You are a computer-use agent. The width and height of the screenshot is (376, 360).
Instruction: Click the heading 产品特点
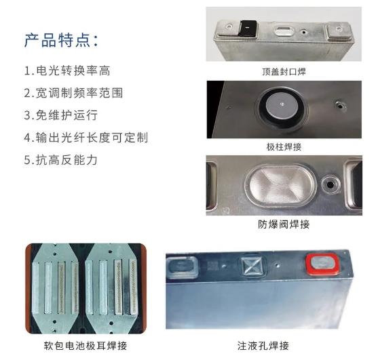[61, 40]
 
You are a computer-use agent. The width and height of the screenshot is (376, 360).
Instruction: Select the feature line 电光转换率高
[67, 71]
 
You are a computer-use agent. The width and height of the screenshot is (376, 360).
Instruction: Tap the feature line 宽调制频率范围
[73, 93]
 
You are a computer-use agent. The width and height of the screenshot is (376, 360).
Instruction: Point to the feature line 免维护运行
[61, 115]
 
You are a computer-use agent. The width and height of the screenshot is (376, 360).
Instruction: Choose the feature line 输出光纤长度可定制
[86, 138]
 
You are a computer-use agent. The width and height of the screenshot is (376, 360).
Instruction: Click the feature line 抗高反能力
[61, 160]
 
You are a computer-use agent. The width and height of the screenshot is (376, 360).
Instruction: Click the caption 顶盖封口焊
[284, 72]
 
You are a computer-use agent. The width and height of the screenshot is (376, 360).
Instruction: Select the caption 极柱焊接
[284, 147]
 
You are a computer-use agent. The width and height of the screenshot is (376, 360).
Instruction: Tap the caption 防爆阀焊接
[284, 224]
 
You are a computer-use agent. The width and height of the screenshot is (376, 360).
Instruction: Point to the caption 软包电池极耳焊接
[86, 346]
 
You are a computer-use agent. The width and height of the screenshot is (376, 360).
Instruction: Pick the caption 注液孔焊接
[263, 346]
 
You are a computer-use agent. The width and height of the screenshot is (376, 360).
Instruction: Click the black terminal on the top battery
[248, 28]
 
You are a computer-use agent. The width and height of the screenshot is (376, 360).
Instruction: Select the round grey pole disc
[282, 106]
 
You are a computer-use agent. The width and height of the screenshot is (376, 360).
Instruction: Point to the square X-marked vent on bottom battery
[253, 265]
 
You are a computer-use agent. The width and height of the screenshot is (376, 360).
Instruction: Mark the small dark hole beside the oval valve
[331, 184]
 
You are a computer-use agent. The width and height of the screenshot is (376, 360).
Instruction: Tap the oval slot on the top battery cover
[284, 31]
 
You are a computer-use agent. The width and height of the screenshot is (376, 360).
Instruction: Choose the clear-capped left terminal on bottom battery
[182, 267]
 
